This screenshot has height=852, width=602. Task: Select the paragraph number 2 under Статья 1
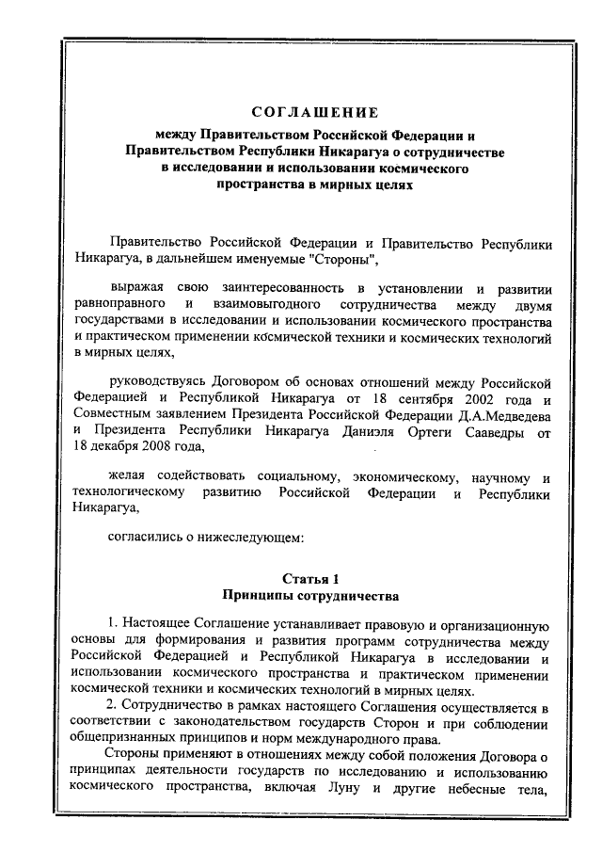pyautogui.click(x=110, y=707)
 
